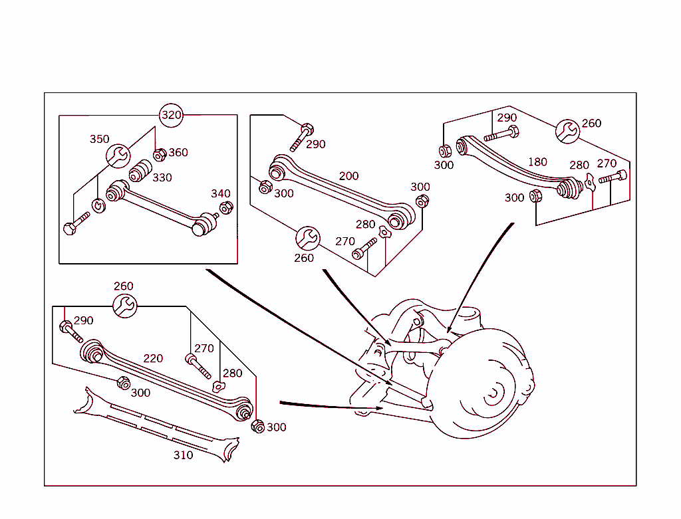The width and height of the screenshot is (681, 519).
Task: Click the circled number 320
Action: [x=172, y=115]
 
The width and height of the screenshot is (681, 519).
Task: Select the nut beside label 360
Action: [x=160, y=155]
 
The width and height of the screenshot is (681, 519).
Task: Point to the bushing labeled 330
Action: [x=138, y=172]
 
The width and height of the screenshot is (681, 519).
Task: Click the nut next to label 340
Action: [x=225, y=208]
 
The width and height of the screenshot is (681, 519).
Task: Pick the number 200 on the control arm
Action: [x=348, y=176]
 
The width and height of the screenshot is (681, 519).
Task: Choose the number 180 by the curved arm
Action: [x=537, y=161]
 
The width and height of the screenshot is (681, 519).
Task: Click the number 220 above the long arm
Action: [x=153, y=358]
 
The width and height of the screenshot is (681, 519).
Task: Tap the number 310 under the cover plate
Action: [x=183, y=455]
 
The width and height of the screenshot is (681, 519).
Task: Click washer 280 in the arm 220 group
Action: [x=217, y=387]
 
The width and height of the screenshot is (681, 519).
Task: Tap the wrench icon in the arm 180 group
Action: [x=567, y=131]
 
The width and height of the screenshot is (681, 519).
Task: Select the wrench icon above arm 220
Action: [x=124, y=306]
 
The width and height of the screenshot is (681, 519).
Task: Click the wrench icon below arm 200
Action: [x=307, y=238]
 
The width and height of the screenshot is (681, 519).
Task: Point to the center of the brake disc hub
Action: [x=491, y=395]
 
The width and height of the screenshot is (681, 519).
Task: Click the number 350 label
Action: [x=100, y=140]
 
